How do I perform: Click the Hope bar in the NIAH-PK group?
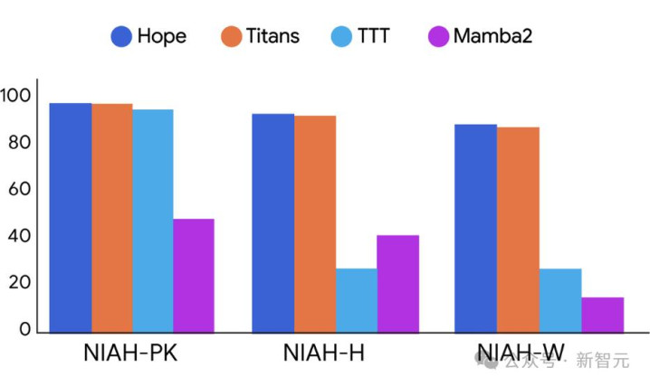point(70,217)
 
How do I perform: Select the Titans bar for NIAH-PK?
point(111,218)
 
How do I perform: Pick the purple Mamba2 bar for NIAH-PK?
point(193,275)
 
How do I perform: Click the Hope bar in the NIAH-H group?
point(272,222)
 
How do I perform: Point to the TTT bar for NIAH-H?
point(356,300)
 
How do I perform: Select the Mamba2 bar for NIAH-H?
point(397,283)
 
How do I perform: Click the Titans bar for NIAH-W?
point(517,229)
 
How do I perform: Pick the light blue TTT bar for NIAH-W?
point(560,300)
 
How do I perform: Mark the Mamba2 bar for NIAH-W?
point(602,315)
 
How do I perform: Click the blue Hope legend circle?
point(122,36)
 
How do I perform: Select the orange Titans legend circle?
point(232,36)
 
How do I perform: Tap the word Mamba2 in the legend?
point(492,36)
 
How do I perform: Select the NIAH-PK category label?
point(131,353)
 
